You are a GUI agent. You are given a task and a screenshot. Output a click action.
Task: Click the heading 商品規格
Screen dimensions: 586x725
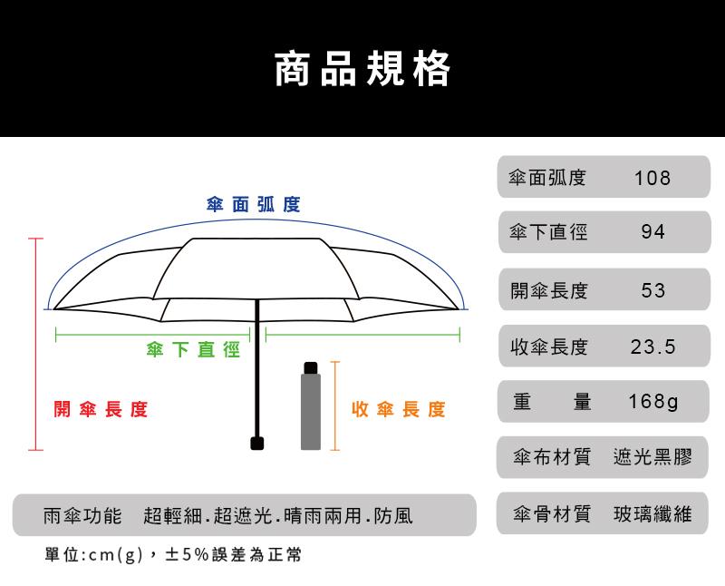click(362, 69)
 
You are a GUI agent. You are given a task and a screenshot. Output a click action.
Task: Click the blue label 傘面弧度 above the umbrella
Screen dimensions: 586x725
click(253, 204)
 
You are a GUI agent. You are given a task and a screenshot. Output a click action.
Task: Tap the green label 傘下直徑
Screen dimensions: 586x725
click(193, 350)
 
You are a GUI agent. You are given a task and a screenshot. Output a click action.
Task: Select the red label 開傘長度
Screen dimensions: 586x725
click(100, 410)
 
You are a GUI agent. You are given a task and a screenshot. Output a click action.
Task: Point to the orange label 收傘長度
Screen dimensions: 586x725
click(398, 410)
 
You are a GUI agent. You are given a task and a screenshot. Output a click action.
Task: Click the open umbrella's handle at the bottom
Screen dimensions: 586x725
click(258, 443)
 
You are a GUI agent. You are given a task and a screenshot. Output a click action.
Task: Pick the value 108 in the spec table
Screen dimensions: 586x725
click(652, 178)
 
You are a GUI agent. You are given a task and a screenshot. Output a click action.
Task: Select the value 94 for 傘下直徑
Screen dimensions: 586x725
click(652, 233)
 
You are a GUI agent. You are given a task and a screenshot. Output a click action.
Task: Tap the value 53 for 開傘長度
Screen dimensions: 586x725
click(652, 290)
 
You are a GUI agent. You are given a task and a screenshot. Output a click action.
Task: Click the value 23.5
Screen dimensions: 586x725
click(652, 347)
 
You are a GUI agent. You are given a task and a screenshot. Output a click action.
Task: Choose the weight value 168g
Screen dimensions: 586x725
click(652, 402)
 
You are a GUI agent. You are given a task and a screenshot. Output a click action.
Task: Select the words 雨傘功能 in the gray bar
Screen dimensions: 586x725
click(82, 516)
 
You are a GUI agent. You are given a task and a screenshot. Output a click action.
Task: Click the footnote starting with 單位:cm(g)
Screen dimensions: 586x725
click(172, 555)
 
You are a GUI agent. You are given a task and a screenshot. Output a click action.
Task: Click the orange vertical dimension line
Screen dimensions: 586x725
click(334, 405)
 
